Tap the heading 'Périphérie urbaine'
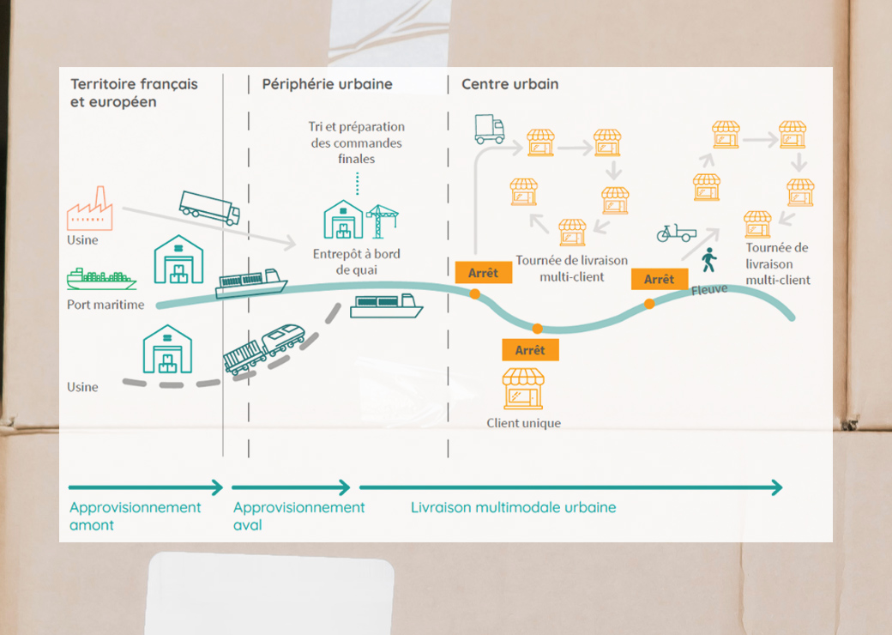(327, 84)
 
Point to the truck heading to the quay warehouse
(209, 208)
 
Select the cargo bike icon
(676, 233)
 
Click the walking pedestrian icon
(708, 260)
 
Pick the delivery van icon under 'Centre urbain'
(490, 129)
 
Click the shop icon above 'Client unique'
(523, 389)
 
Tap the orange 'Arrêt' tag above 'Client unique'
(530, 350)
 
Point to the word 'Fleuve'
(709, 290)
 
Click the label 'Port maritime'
(105, 305)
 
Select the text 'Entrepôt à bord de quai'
(356, 262)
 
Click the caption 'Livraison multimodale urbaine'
(513, 507)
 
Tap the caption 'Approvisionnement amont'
(135, 516)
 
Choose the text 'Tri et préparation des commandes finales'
(356, 142)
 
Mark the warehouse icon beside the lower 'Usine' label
(167, 349)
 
